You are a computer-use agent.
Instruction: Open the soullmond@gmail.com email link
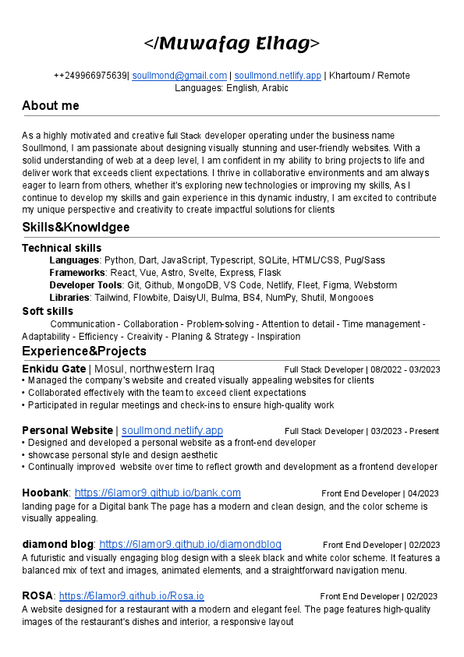pyautogui.click(x=179, y=76)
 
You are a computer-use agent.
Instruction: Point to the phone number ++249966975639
pyautogui.click(x=90, y=76)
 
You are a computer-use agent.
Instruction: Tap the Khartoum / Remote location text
pyautogui.click(x=370, y=76)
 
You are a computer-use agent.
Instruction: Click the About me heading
pyautogui.click(x=51, y=106)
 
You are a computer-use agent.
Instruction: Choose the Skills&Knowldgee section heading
pyautogui.click(x=76, y=228)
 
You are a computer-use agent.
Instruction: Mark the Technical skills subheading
pyautogui.click(x=62, y=248)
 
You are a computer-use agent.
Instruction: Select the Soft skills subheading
pyautogui.click(x=48, y=312)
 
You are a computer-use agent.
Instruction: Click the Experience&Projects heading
pyautogui.click(x=84, y=351)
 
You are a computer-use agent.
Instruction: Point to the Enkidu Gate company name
pyautogui.click(x=54, y=369)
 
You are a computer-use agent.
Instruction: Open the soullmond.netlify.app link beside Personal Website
pyautogui.click(x=172, y=430)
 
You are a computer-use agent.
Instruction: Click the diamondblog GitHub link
pyautogui.click(x=190, y=544)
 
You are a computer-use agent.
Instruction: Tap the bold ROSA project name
pyautogui.click(x=37, y=596)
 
